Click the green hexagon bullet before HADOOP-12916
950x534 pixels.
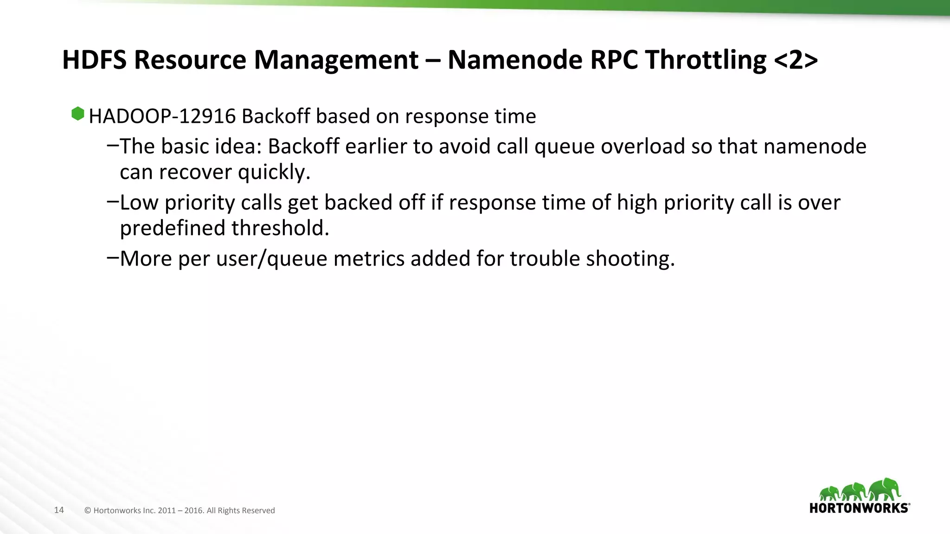coord(78,114)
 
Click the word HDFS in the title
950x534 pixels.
coord(94,60)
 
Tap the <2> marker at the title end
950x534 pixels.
coord(796,60)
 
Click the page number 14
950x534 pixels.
coord(59,510)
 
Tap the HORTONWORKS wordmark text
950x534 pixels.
coord(859,508)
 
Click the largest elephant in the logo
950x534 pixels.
coord(885,489)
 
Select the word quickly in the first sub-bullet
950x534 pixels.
coord(274,172)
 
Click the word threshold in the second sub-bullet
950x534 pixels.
coord(280,228)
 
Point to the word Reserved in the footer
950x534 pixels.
coord(259,510)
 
